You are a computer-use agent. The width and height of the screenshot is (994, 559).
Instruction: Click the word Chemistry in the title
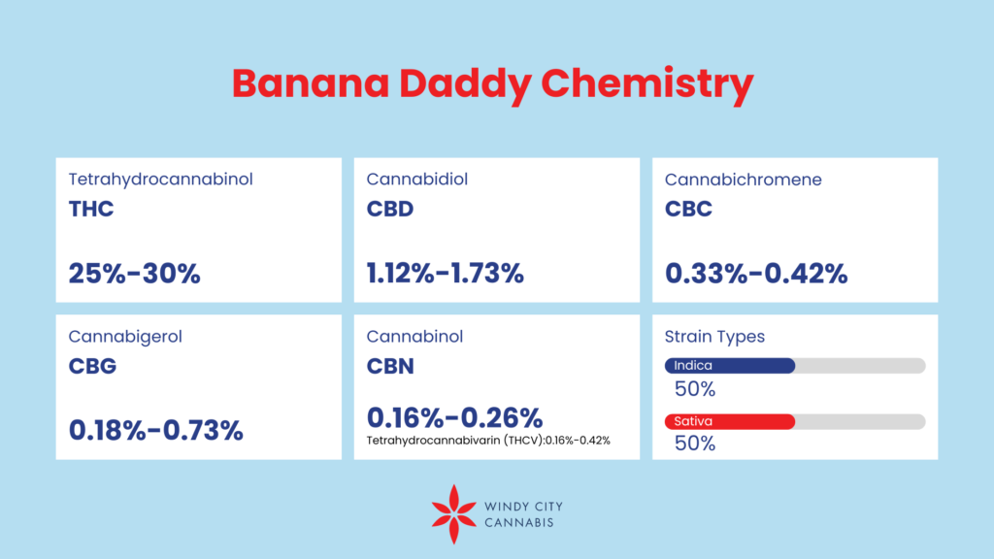click(646, 85)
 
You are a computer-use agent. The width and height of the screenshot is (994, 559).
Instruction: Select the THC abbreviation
click(91, 209)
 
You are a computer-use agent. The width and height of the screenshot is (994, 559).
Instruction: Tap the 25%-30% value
click(134, 274)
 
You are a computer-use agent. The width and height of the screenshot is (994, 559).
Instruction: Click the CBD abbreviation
click(390, 209)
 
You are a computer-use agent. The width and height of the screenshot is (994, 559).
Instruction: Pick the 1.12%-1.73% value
click(445, 274)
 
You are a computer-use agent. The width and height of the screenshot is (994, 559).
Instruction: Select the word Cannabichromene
click(743, 180)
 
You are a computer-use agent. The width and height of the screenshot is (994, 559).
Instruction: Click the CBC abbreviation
click(688, 209)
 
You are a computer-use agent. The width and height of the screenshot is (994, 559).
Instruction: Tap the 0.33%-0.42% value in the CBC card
click(756, 274)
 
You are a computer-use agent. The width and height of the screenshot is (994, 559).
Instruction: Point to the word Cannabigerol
click(125, 337)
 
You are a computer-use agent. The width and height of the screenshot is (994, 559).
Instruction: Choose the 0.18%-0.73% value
click(155, 429)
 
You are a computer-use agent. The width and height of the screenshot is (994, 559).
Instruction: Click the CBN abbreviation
click(390, 366)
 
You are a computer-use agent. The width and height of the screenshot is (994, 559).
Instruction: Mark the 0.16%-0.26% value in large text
click(454, 417)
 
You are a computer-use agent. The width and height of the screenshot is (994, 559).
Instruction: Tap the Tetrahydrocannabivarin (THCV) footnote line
click(488, 441)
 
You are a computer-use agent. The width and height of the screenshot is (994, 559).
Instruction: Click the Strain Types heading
click(714, 337)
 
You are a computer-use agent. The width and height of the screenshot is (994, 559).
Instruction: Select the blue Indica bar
click(729, 366)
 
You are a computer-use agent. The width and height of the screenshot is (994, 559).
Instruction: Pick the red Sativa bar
click(729, 421)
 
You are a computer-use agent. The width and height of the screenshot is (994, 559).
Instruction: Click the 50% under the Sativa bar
click(695, 444)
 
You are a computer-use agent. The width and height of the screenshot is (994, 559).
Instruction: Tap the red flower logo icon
click(451, 514)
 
